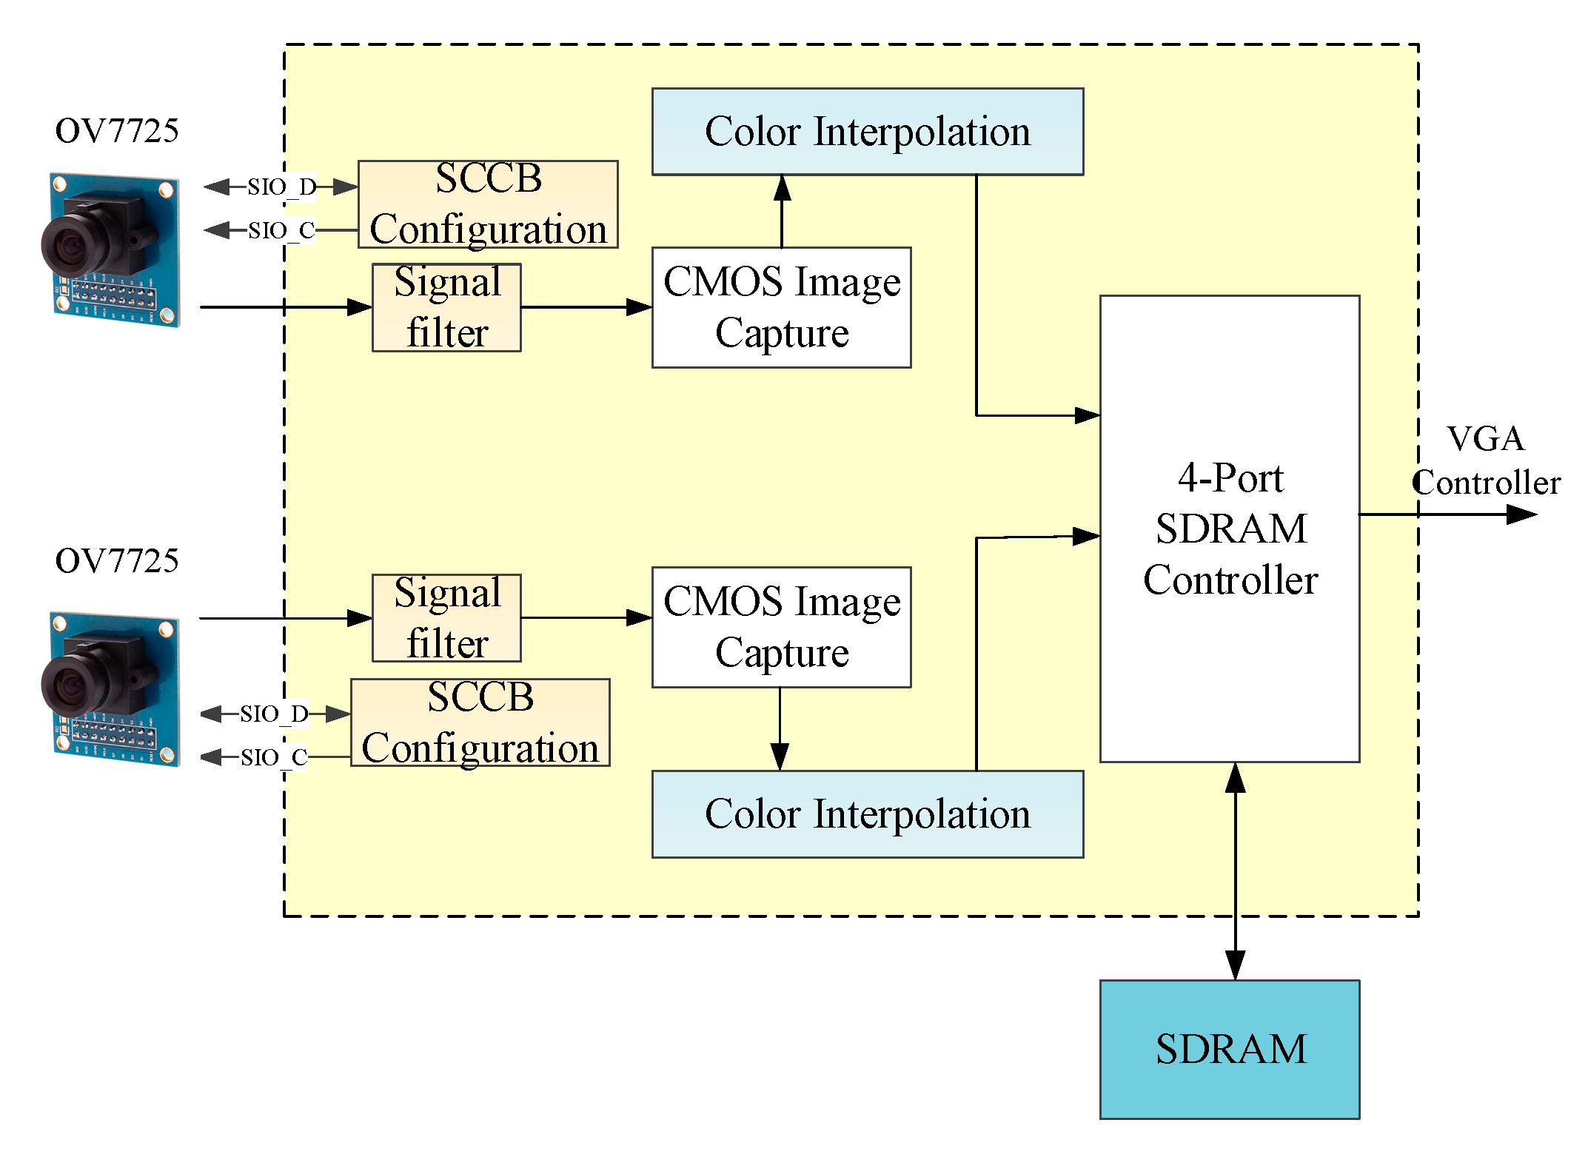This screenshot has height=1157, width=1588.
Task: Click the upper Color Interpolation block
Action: coord(867,132)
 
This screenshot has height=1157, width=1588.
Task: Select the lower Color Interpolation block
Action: coord(867,814)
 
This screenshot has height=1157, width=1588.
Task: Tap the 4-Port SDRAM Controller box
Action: coord(1229,529)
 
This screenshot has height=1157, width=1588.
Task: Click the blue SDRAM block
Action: coord(1229,1048)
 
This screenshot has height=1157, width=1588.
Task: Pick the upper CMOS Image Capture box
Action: coord(781,307)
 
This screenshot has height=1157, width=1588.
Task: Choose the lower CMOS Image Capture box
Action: coord(781,627)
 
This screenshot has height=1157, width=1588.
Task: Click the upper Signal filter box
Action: coord(446,307)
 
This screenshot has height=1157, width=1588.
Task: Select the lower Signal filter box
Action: coord(446,618)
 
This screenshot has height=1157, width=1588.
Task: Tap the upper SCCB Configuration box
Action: coord(488,204)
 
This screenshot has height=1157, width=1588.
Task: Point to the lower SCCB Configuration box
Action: coord(480,722)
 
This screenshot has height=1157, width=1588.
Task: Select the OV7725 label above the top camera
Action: coord(117,131)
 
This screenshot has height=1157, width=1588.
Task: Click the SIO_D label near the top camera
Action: coord(281,187)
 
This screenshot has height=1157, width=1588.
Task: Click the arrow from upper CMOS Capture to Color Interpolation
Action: coord(782,211)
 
